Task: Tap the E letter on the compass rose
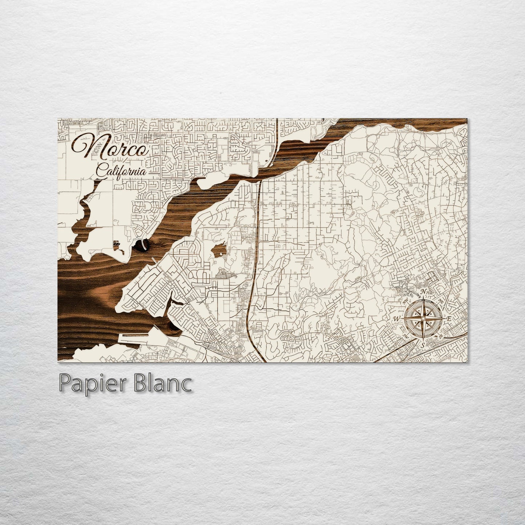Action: pyautogui.click(x=449, y=319)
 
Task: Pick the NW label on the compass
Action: pyautogui.click(x=406, y=301)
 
